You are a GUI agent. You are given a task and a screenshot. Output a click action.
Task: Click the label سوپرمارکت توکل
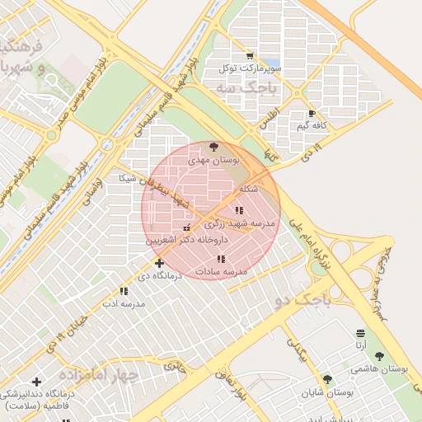tap(251, 68)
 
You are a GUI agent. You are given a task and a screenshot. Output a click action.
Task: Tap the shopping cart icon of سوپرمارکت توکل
tap(250, 55)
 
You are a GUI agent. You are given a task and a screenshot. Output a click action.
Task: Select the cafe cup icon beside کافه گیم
tap(312, 113)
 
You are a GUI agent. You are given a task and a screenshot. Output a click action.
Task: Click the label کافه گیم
tap(314, 125)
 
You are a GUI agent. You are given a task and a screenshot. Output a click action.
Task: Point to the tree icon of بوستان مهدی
tap(215, 147)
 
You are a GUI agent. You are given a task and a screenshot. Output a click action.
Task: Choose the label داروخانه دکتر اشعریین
tap(185, 240)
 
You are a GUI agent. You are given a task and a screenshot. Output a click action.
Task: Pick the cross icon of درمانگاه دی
tap(159, 263)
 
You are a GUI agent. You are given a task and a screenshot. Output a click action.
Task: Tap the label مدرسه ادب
tap(124, 303)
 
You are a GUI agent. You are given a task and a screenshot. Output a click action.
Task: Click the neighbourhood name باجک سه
tap(237, 86)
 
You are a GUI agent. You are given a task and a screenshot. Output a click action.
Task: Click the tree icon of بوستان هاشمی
tap(379, 357)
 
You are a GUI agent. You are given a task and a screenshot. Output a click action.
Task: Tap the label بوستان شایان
tap(327, 393)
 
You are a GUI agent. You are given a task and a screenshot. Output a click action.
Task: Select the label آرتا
tap(360, 345)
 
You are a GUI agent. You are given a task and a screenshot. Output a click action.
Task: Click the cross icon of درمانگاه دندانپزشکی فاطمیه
tap(35, 382)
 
